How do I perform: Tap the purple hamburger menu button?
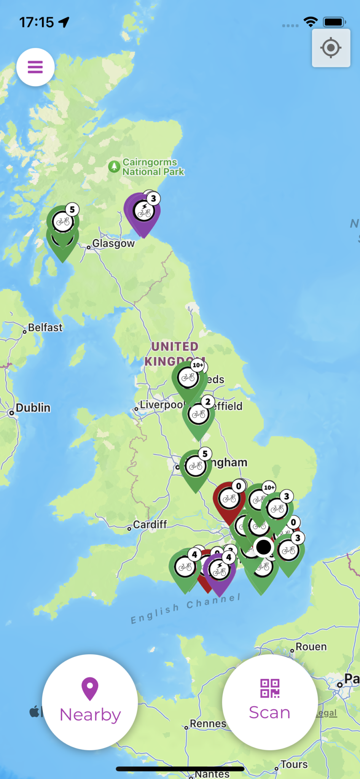coord(35,67)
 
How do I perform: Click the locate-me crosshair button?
coord(331,48)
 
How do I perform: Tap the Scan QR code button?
coord(270,702)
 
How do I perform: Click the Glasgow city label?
coord(113,243)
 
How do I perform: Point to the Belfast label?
coord(45,327)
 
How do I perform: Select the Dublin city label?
coord(33,408)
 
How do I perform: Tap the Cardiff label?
coord(150,525)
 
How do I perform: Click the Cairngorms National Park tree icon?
coord(114,167)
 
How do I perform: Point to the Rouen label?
coord(311,647)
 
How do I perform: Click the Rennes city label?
coord(208,723)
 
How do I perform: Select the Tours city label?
coord(294,765)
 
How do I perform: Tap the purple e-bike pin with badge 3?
coord(144,211)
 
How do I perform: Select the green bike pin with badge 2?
coord(198,415)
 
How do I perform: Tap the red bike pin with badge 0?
coord(229,499)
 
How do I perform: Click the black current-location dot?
coord(264,547)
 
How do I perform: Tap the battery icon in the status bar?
coord(334,22)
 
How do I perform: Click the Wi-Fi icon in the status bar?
coord(311,22)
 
